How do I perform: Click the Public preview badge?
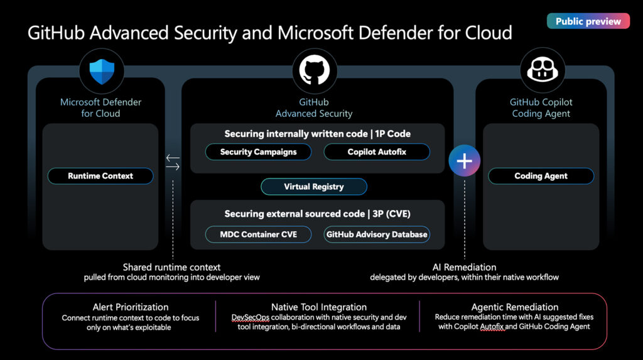pyautogui.click(x=588, y=21)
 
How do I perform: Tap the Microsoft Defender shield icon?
pyautogui.click(x=101, y=71)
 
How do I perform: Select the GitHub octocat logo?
pyautogui.click(x=314, y=71)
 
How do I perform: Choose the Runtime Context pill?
pyautogui.click(x=100, y=176)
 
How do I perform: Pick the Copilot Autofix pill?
pyautogui.click(x=377, y=152)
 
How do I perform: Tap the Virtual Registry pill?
pyautogui.click(x=314, y=187)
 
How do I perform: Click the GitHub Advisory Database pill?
pyautogui.click(x=377, y=234)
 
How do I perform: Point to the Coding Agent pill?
pyautogui.click(x=541, y=176)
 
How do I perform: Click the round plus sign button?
pyautogui.click(x=464, y=161)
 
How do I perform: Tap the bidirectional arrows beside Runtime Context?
pyautogui.click(x=173, y=162)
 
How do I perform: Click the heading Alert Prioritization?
pyautogui.click(x=131, y=307)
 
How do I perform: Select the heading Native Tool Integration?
pyautogui.click(x=319, y=307)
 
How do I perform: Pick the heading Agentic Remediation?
pyautogui.click(x=515, y=307)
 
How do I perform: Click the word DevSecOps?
pyautogui.click(x=251, y=317)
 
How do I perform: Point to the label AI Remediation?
pyautogui.click(x=465, y=267)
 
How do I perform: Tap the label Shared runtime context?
pyautogui.click(x=171, y=267)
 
